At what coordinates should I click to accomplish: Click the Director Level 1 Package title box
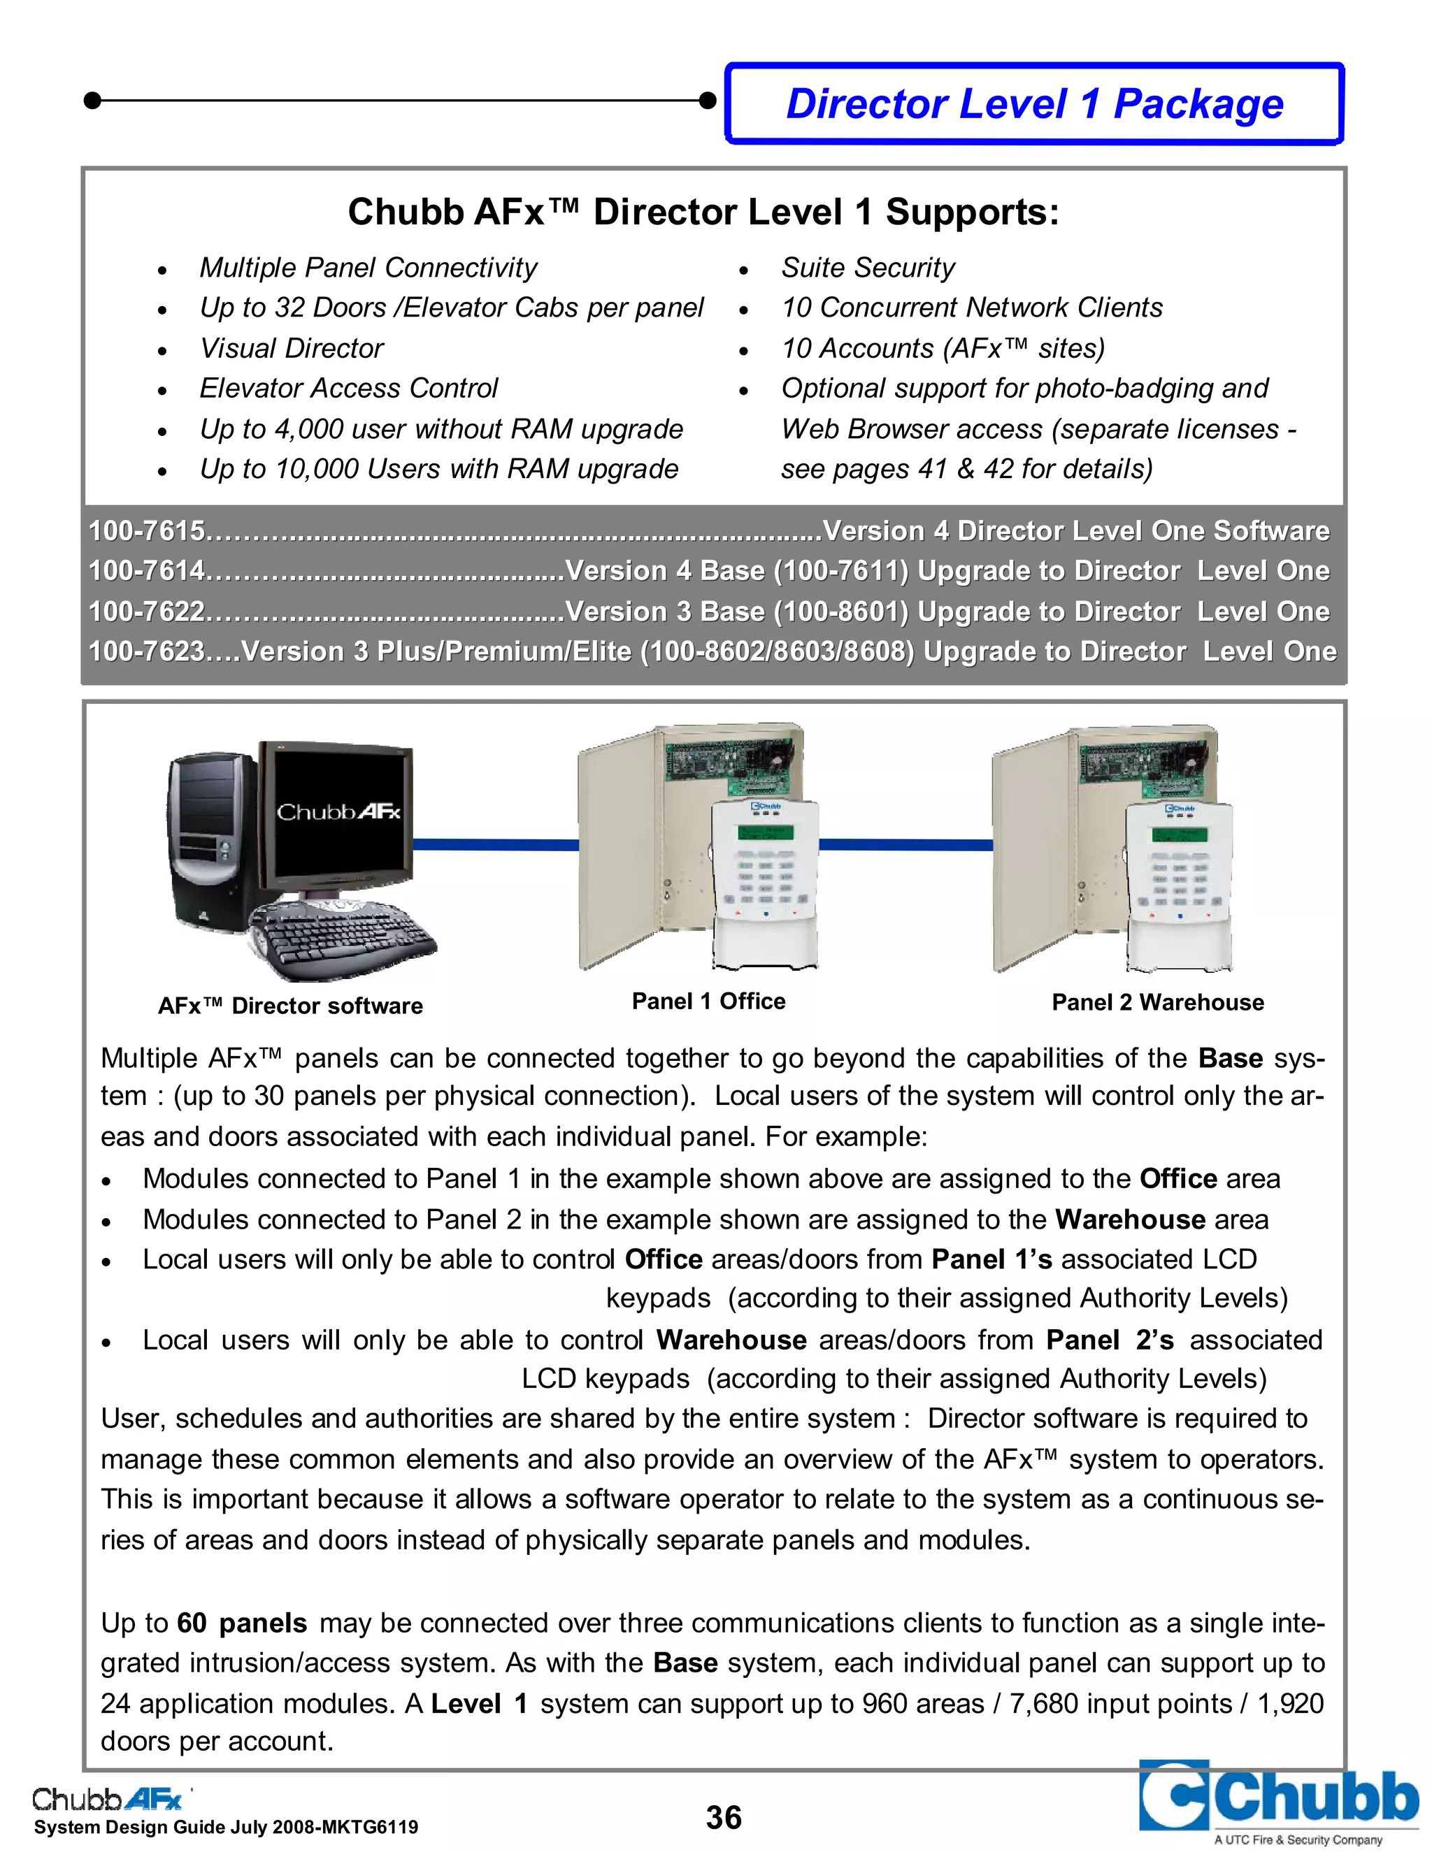[1034, 103]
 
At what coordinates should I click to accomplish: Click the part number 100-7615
[147, 531]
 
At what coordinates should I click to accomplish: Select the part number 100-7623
[147, 651]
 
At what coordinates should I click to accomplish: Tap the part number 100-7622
[147, 612]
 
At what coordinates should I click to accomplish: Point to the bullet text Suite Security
[867, 268]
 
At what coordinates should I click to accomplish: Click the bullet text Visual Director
[291, 349]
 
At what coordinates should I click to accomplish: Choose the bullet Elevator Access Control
[348, 389]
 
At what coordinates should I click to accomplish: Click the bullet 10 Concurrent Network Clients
[971, 308]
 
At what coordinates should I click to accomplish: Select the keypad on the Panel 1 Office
[764, 882]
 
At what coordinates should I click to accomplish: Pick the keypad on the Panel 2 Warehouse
[1178, 882]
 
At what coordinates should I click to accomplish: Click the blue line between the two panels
[905, 845]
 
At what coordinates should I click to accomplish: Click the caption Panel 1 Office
[708, 1001]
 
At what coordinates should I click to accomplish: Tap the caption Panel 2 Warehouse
[1157, 1002]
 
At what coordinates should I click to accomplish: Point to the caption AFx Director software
[290, 1006]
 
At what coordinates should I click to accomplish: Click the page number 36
[724, 1817]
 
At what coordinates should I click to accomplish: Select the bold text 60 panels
[242, 1623]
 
